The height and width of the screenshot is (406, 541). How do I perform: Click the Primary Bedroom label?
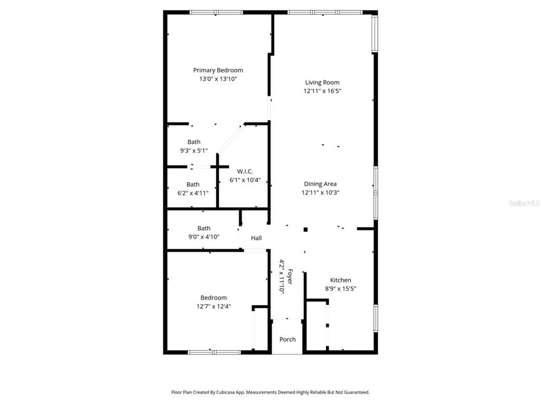click(218, 70)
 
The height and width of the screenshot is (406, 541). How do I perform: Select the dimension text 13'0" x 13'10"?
click(218, 79)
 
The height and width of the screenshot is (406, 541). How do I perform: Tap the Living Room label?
click(322, 82)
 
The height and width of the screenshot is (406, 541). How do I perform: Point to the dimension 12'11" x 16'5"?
click(322, 91)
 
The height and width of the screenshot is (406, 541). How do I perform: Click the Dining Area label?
click(320, 184)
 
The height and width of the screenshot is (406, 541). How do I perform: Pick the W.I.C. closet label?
click(245, 171)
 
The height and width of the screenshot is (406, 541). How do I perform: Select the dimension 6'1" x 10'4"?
click(245, 180)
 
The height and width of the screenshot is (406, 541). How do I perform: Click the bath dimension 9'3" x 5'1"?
click(194, 150)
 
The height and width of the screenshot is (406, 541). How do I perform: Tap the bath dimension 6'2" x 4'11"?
click(193, 193)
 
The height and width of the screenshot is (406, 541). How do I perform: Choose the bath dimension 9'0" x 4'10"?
click(204, 237)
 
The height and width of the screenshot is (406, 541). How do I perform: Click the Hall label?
click(256, 238)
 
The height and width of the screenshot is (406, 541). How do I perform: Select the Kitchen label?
click(340, 280)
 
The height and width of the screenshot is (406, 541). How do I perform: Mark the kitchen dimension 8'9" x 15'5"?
click(340, 289)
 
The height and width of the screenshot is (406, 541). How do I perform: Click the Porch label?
click(287, 339)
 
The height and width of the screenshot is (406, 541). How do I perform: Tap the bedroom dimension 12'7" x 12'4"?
click(213, 306)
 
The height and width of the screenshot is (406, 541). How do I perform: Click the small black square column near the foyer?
click(305, 229)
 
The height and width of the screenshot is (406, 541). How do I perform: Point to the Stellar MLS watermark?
click(524, 203)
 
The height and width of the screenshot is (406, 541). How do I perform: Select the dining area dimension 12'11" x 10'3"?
click(320, 192)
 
